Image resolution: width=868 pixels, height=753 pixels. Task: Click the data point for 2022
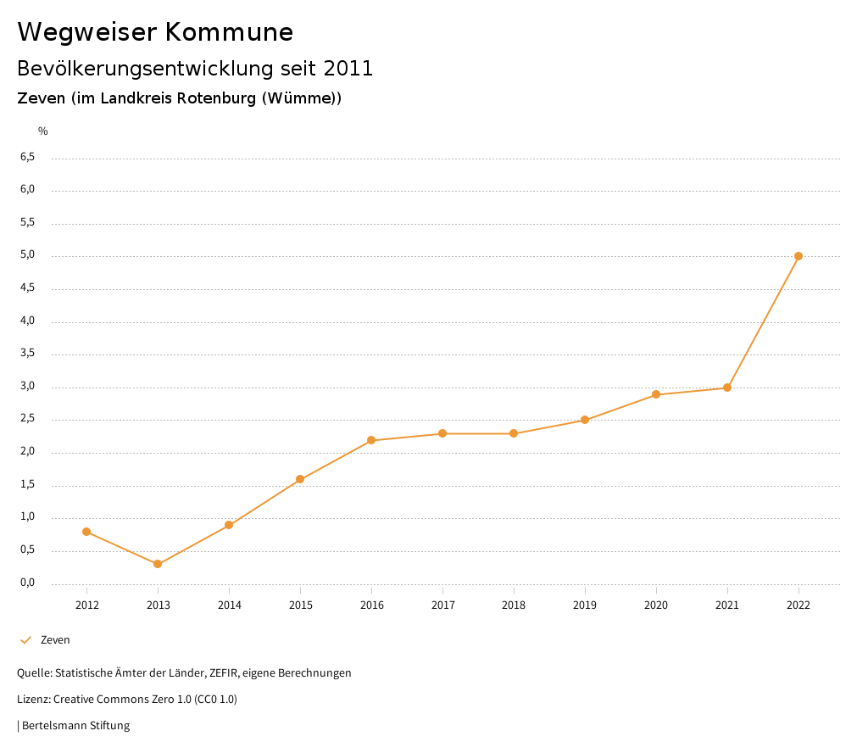pyautogui.click(x=798, y=256)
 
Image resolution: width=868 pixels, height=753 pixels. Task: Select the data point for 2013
pyautogui.click(x=158, y=564)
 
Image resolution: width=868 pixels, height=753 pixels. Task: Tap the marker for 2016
pyautogui.click(x=371, y=440)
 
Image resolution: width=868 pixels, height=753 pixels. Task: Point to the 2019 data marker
pyautogui.click(x=585, y=420)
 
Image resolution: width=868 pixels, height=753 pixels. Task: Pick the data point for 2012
pyautogui.click(x=86, y=532)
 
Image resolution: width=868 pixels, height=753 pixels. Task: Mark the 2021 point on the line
pyautogui.click(x=727, y=388)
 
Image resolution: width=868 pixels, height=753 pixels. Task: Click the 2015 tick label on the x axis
pyautogui.click(x=300, y=605)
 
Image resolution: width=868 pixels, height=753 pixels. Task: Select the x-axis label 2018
pyautogui.click(x=514, y=605)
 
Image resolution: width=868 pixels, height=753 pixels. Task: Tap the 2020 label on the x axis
pyautogui.click(x=656, y=605)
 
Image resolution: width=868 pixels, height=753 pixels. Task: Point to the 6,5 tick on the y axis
pyautogui.click(x=27, y=157)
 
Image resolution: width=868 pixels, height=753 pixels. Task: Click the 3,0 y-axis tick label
pyautogui.click(x=27, y=386)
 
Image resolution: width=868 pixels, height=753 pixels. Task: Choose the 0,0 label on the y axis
pyautogui.click(x=27, y=583)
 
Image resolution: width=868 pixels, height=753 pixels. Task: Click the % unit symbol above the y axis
pyautogui.click(x=43, y=131)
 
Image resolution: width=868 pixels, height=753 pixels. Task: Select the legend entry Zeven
pyautogui.click(x=55, y=640)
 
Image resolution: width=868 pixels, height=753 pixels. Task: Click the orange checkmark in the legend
pyautogui.click(x=25, y=640)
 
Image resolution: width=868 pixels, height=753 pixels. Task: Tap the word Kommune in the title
pyautogui.click(x=229, y=32)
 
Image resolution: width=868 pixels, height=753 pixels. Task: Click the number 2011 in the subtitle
pyautogui.click(x=348, y=68)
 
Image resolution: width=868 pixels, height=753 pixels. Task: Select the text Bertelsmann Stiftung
pyautogui.click(x=75, y=726)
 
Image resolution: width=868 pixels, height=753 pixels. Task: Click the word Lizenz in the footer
pyautogui.click(x=33, y=700)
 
